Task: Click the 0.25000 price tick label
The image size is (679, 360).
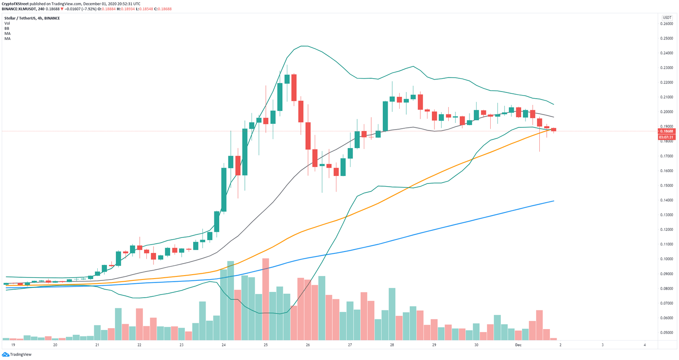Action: tap(667, 38)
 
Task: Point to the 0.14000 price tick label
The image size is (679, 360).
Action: tap(667, 200)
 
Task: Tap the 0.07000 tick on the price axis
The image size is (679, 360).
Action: tap(667, 303)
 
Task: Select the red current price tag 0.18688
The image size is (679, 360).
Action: tap(667, 131)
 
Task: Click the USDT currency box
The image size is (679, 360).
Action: tap(667, 18)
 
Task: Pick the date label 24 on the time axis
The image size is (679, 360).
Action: tap(224, 345)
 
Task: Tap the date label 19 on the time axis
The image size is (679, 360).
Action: tap(13, 345)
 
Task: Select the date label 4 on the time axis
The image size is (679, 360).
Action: tap(645, 345)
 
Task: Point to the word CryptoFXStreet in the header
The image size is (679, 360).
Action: tap(17, 4)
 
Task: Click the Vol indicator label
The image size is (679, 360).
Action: tap(7, 23)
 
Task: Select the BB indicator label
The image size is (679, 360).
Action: tap(7, 28)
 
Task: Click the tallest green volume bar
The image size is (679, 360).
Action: tap(230, 300)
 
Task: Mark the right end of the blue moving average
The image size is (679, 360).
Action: tap(554, 201)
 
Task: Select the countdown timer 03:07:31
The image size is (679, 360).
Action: tap(667, 137)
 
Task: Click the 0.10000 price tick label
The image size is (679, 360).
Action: tap(667, 259)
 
